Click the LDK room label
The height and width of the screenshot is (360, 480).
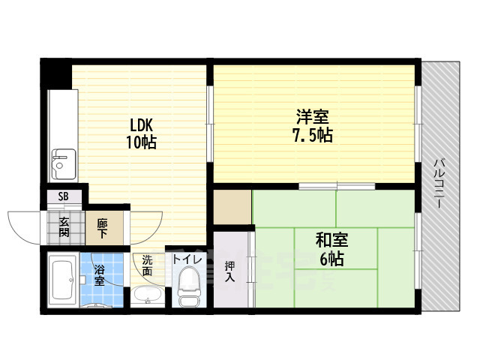tap(141, 125)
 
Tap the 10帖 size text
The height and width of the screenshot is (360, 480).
tap(142, 142)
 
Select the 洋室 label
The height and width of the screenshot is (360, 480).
tap(313, 116)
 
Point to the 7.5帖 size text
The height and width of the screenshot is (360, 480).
tap(313, 135)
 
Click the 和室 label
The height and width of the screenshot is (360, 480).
tap(331, 240)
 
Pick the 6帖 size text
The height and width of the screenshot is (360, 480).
tap(331, 259)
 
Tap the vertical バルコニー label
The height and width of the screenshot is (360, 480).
tap(439, 183)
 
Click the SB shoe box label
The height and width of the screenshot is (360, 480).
tap(63, 196)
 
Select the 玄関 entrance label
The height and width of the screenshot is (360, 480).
tap(64, 226)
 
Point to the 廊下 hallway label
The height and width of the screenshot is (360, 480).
tap(102, 228)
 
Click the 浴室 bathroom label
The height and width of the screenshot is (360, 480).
tap(99, 275)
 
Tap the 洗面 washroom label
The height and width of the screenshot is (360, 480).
tap(147, 265)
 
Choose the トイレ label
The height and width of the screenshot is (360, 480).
tap(187, 260)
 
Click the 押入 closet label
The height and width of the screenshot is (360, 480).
tap(230, 271)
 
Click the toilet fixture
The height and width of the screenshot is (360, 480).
tap(189, 286)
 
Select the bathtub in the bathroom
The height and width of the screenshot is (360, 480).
tap(63, 280)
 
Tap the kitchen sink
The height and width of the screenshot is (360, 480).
tap(64, 164)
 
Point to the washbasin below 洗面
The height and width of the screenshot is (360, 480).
tap(148, 295)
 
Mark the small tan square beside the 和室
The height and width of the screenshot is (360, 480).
tap(232, 207)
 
